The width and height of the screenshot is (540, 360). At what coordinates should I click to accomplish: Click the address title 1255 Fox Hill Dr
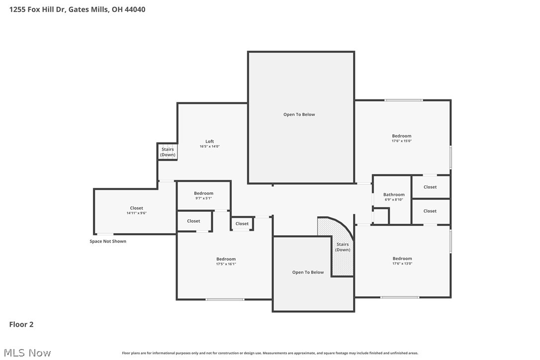[x=77, y=9]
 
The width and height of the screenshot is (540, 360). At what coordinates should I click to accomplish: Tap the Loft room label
[x=209, y=141]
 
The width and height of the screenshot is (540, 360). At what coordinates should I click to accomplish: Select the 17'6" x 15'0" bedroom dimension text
[x=402, y=141]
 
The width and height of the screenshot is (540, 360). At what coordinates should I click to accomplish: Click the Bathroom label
[x=394, y=194]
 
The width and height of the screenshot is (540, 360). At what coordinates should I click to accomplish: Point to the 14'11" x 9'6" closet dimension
[x=136, y=213]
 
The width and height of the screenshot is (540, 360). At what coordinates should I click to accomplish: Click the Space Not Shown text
[x=108, y=241]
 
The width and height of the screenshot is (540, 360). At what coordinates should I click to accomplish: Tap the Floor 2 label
[x=21, y=324]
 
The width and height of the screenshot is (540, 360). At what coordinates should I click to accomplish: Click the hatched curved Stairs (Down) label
[x=343, y=247]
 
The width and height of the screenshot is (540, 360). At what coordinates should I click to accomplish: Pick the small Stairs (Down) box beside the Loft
[x=168, y=152]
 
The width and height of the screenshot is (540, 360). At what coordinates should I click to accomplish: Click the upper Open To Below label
[x=299, y=114]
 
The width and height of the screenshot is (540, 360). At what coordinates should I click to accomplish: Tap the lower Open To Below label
[x=308, y=272]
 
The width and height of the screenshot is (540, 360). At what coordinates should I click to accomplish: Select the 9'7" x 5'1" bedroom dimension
[x=203, y=198]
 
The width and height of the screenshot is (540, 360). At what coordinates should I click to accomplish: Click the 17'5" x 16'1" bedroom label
[x=226, y=259]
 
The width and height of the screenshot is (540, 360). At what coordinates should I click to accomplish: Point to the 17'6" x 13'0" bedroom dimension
[x=402, y=264]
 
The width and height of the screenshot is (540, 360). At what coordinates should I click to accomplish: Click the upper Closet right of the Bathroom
[x=430, y=187]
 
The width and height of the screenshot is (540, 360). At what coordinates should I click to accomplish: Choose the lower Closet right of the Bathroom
[x=430, y=211]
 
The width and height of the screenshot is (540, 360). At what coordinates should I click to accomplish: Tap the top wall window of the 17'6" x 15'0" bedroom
[x=403, y=100]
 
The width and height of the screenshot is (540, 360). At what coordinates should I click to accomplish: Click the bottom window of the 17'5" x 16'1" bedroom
[x=225, y=299]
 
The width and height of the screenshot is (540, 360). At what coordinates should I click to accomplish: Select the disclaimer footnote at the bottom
[x=270, y=353]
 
